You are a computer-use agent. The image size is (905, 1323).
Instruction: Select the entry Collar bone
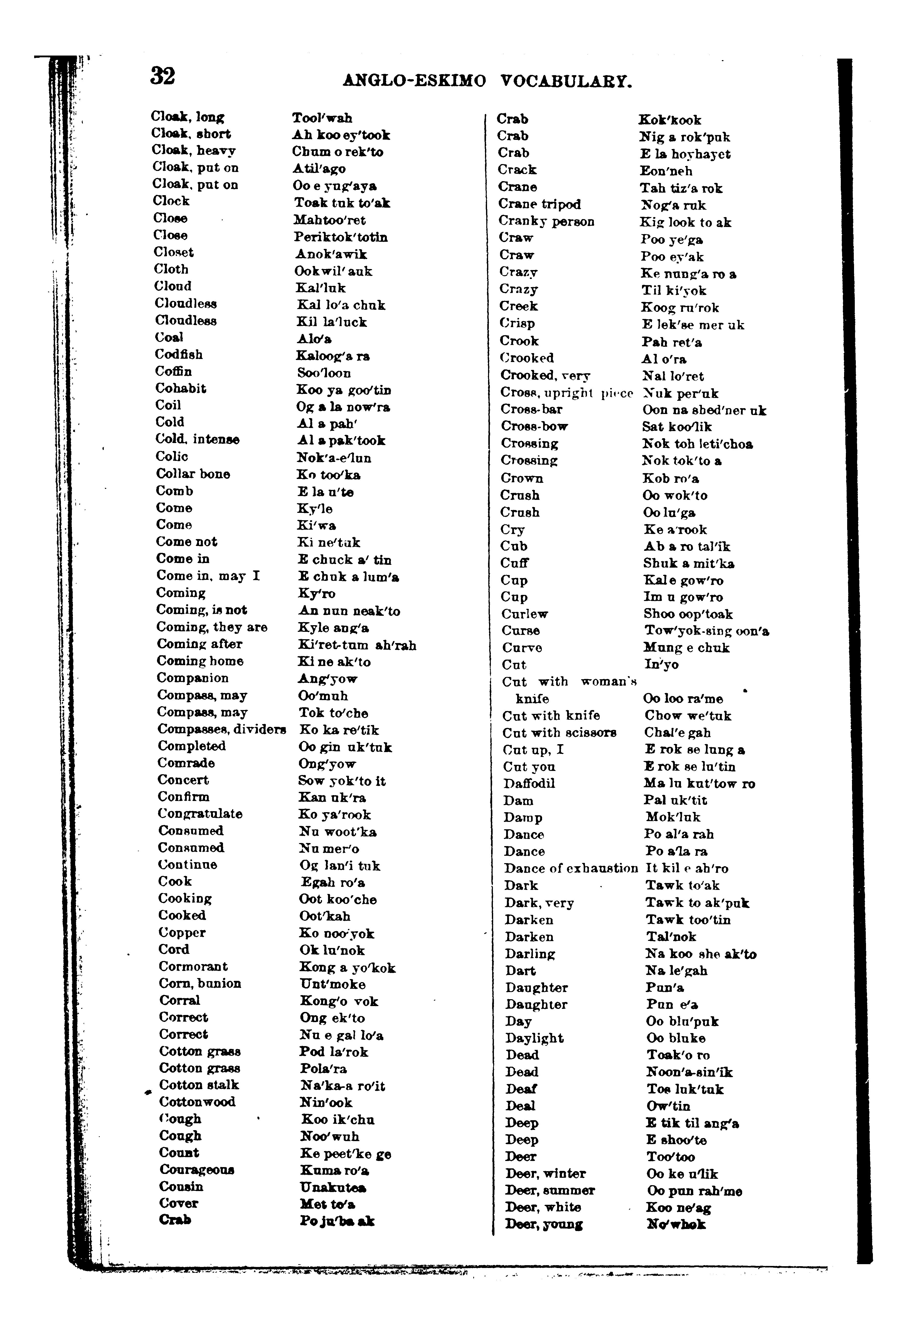pos(193,474)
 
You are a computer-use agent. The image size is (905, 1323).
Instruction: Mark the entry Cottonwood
pos(197,1102)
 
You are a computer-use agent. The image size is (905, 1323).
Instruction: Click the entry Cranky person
pos(546,221)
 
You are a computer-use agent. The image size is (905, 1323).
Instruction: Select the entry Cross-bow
pos(534,426)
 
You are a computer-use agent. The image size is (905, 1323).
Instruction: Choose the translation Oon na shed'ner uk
pos(704,410)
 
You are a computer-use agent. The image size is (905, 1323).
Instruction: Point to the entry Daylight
pos(534,1038)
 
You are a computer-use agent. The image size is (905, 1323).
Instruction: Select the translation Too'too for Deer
pos(670,1157)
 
